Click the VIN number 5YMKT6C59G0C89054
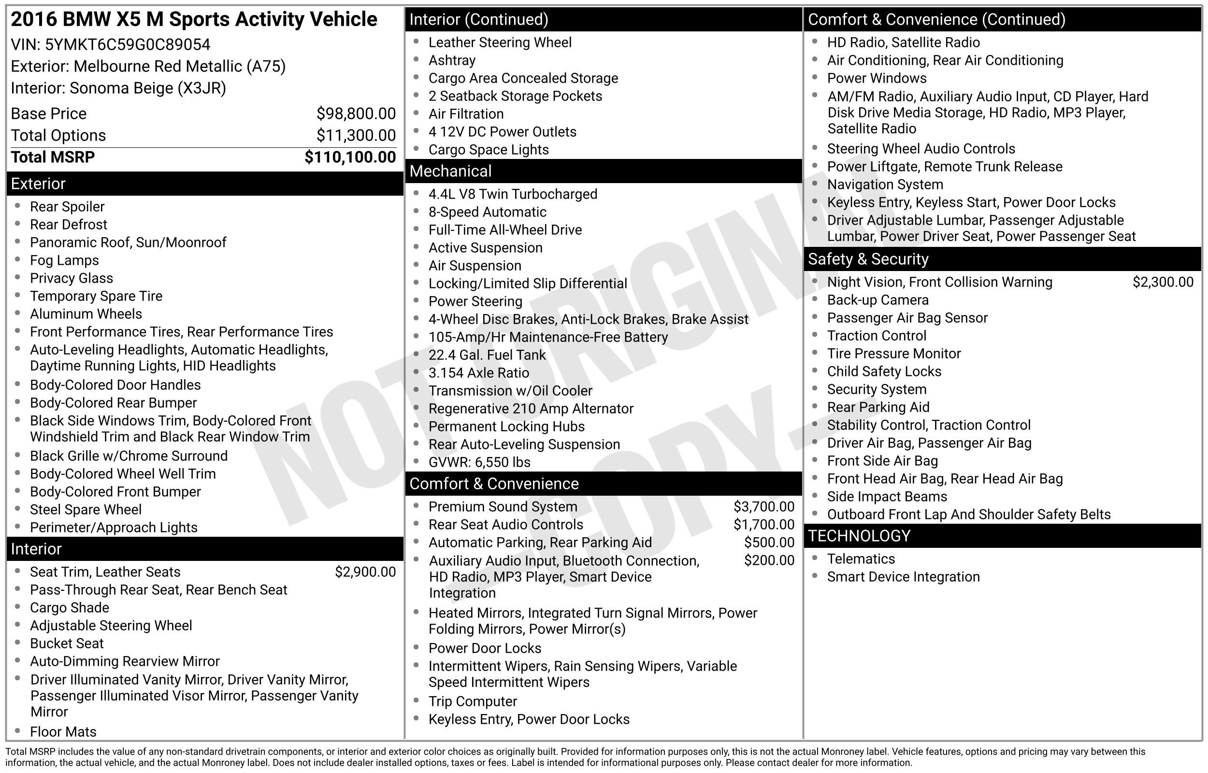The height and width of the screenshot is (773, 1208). coord(128,44)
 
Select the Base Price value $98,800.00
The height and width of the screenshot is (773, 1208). coord(356,114)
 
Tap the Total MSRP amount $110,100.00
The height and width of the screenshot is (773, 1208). coord(350,157)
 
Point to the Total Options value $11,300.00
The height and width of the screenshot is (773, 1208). coord(356,136)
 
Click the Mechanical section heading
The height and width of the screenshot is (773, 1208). coord(450,171)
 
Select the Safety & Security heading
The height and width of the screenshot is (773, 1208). coord(868,259)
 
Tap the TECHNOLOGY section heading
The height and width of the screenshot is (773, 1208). coord(859,536)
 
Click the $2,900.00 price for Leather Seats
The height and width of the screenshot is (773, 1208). coord(365,572)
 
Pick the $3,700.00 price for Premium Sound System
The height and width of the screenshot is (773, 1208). coord(763,506)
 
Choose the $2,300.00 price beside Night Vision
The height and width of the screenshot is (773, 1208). coord(1162,282)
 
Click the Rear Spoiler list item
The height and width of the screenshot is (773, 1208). coord(67,207)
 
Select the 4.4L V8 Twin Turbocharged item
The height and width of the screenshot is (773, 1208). coord(512,194)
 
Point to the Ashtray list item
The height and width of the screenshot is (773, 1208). coord(452,61)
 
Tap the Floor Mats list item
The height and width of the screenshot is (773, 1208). coord(63,732)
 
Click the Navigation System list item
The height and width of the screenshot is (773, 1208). coord(885,185)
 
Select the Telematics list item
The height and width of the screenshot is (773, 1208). coord(861,559)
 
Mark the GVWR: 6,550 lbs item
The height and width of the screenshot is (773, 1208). coord(479,462)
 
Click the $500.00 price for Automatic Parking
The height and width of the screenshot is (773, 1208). coord(769,543)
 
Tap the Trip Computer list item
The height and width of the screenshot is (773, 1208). coord(472,701)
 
